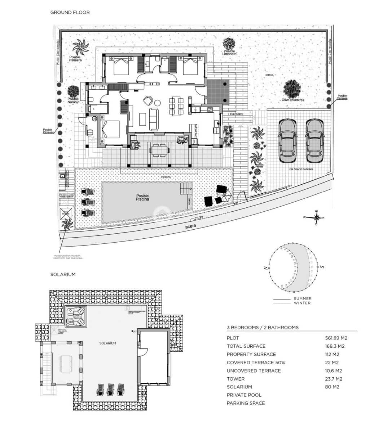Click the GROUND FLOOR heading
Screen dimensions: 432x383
(70, 12)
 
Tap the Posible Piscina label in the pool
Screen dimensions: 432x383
(142, 198)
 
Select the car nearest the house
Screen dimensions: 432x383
(287, 141)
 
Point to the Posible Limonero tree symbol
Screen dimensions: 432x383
(229, 44)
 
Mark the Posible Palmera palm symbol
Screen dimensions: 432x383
(80, 47)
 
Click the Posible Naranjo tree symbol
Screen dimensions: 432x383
(73, 91)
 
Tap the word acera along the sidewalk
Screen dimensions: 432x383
(190, 227)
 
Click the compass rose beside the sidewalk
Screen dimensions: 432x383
(317, 217)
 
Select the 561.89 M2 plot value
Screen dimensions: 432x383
(336, 338)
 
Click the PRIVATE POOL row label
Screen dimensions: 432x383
(244, 395)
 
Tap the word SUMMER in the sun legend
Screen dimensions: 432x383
(303, 298)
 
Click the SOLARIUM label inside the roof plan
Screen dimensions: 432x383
(107, 343)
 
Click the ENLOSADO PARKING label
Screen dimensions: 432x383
(301, 169)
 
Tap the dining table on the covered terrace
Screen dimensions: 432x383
(159, 149)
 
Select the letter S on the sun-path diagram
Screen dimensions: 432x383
(322, 267)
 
